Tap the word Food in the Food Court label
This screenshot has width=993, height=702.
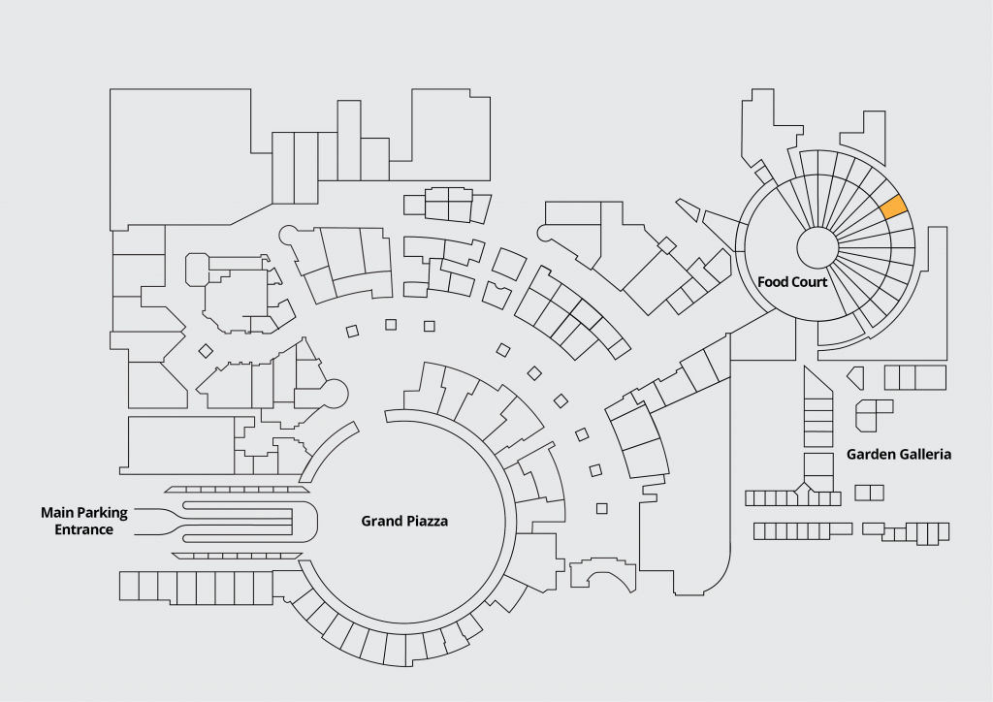[772, 282]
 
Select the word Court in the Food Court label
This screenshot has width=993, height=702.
[809, 282]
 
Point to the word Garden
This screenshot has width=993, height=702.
[871, 454]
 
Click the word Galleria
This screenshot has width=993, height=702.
[924, 454]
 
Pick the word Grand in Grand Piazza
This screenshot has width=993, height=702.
[381, 522]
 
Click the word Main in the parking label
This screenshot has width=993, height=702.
[55, 512]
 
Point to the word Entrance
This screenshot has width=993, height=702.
[83, 529]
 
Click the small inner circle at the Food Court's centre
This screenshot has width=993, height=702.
[817, 247]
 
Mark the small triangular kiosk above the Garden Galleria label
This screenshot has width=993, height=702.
[855, 375]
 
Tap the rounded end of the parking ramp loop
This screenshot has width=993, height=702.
[308, 524]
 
